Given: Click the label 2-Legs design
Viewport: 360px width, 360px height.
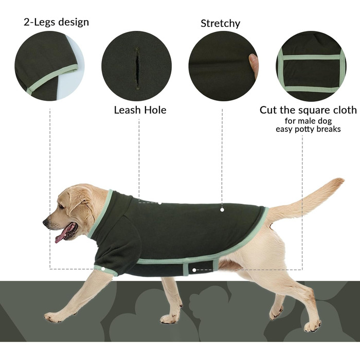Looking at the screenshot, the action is point(56,22).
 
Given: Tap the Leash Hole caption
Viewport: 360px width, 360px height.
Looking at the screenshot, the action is point(140,110).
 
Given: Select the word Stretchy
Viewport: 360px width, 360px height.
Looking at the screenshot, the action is point(221,24).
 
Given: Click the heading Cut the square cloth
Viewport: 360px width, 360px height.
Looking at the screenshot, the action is point(308,110).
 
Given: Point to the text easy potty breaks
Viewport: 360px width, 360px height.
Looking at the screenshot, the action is point(308,129).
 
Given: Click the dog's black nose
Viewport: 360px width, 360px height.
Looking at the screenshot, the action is point(46,222).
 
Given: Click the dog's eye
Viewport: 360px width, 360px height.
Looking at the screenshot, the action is point(61,206).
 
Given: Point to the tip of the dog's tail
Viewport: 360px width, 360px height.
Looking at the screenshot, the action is point(341,180).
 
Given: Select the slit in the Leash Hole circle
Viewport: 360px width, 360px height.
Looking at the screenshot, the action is point(137,67).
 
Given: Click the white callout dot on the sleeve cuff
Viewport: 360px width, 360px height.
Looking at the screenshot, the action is point(103,269).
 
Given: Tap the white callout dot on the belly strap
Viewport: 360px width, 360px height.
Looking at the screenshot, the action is point(194,270).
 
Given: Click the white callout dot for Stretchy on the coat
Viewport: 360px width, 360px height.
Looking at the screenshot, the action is point(222,210).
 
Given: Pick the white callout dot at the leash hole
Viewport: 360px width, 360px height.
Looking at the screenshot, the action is point(160,203).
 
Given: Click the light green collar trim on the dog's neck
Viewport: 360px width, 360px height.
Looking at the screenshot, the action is point(101,213).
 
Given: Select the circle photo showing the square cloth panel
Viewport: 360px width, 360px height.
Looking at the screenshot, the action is point(311,66).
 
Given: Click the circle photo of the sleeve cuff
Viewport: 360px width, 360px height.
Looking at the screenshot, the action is point(49,66).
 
